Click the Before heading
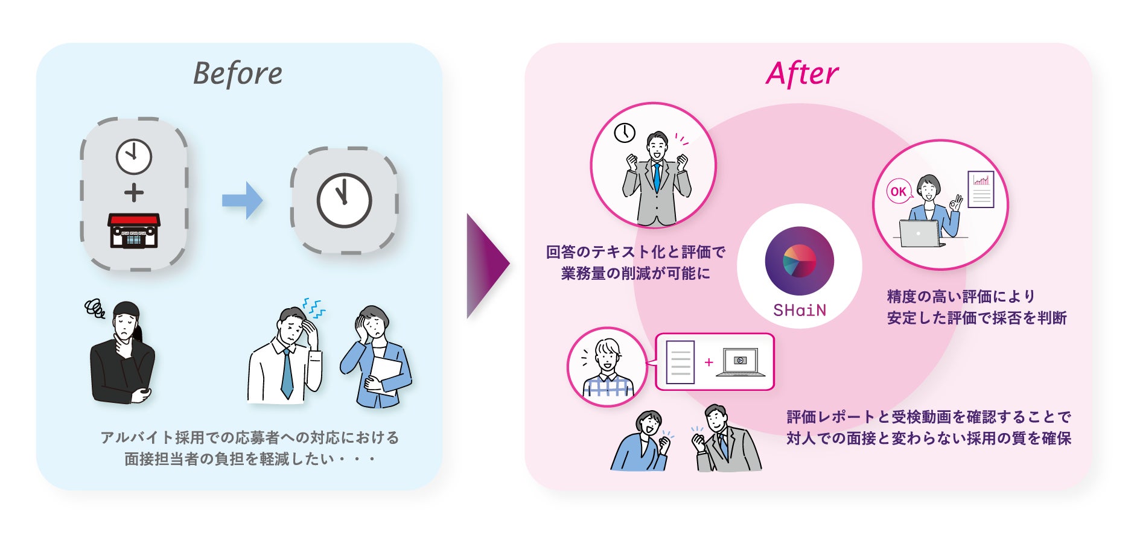(238, 74)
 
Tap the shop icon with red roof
(134, 230)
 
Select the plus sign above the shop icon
(134, 193)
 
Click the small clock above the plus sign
(134, 156)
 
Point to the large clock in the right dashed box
(344, 200)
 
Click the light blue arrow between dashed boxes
(243, 200)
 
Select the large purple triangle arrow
(486, 265)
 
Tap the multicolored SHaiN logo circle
(799, 261)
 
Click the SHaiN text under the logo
(799, 311)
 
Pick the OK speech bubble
(898, 192)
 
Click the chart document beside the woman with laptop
(981, 189)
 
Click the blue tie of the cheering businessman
(657, 177)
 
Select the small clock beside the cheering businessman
(625, 133)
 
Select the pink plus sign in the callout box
(709, 362)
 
